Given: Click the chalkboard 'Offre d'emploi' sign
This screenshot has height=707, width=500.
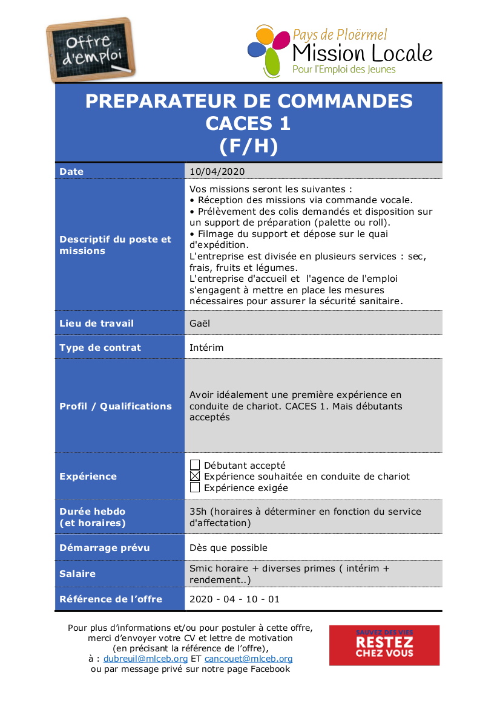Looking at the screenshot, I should click(92, 50).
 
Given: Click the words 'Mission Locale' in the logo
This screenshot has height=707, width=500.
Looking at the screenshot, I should click(362, 53).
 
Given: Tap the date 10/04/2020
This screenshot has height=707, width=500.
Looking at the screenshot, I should click(217, 172).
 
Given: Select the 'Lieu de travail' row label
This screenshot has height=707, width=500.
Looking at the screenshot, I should click(96, 324).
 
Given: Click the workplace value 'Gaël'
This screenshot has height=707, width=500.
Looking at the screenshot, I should click(200, 324).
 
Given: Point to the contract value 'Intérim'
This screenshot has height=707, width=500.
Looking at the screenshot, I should click(206, 348).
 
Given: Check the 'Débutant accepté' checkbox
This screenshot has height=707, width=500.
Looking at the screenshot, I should click(195, 465).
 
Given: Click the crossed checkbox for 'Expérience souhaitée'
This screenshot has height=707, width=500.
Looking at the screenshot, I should click(195, 477).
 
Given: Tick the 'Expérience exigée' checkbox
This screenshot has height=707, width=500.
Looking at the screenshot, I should click(195, 487).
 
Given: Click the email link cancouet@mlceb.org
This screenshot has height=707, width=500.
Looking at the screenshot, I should click(248, 659).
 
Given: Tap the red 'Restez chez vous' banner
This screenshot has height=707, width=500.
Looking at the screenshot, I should click(384, 645).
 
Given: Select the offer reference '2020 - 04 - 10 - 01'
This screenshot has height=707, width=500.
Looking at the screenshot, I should click(235, 599).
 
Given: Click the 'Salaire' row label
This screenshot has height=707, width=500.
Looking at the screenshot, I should click(77, 574).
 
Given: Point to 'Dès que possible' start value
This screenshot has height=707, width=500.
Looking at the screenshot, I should click(228, 548).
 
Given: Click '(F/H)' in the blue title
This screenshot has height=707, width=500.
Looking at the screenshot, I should click(248, 146).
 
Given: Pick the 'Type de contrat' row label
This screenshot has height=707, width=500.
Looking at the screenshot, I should click(100, 348).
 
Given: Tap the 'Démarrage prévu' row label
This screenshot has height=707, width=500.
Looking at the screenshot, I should click(104, 548).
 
